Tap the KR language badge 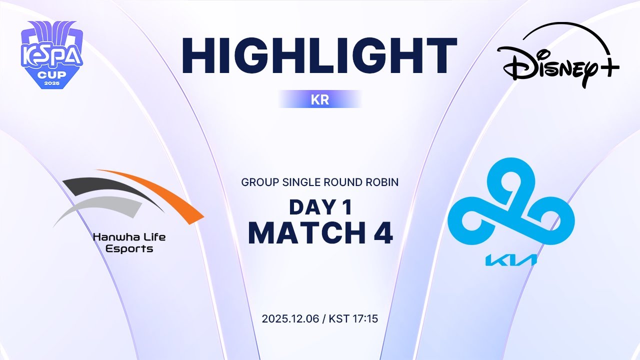coord(320,99)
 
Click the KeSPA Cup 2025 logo coord(51,55)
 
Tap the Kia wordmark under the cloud coord(511,259)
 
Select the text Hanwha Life coord(129,237)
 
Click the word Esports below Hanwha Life coord(129,248)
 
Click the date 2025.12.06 coord(293,318)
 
